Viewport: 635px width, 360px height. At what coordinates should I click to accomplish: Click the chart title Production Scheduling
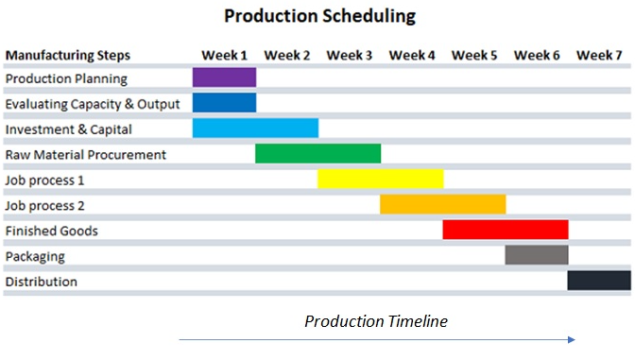tap(319, 16)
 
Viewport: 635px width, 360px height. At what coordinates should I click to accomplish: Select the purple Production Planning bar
tap(224, 77)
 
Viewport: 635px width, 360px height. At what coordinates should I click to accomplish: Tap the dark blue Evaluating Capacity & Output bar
tap(224, 103)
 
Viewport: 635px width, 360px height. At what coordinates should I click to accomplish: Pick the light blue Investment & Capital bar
tap(255, 129)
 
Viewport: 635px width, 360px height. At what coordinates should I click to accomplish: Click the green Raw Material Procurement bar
tap(317, 154)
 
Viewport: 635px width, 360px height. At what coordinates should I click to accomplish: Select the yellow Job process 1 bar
tap(380, 180)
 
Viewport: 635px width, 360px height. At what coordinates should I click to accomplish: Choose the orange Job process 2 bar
tap(442, 205)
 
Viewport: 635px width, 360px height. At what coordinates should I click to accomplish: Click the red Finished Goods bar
tap(505, 230)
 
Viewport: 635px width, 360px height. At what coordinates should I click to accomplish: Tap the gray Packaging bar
tap(536, 255)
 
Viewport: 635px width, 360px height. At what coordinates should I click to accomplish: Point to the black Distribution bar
tap(598, 281)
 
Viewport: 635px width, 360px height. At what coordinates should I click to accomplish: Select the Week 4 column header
tap(412, 55)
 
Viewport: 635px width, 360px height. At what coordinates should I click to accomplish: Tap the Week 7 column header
tap(599, 55)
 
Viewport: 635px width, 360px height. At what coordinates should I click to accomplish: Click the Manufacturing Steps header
tap(68, 55)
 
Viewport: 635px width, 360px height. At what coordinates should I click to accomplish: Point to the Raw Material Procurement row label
tap(86, 154)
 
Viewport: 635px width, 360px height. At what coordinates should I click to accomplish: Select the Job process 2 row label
tap(44, 205)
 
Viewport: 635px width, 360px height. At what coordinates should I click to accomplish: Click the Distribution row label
tap(42, 282)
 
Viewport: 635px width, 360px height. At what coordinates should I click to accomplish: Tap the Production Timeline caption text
tap(375, 321)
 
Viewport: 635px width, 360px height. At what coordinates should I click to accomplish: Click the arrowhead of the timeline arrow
tap(572, 338)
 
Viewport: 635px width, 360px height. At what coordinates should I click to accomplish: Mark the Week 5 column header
tap(474, 55)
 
